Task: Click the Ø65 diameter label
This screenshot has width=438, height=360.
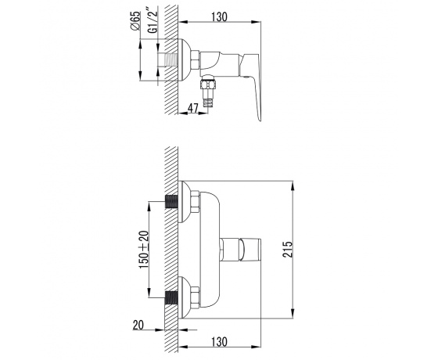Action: click(x=135, y=20)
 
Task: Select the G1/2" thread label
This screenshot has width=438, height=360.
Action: click(x=153, y=21)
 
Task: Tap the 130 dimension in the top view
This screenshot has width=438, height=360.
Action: click(x=219, y=16)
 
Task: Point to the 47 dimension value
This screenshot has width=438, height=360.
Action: click(x=192, y=108)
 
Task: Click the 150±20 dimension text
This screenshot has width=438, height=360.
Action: click(x=144, y=250)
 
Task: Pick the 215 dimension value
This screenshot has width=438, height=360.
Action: click(x=288, y=249)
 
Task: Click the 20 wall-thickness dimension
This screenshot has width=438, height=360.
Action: click(x=138, y=325)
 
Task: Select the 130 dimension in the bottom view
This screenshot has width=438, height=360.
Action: click(x=219, y=341)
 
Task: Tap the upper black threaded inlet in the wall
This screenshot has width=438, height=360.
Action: click(x=171, y=202)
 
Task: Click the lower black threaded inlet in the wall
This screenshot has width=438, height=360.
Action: click(x=171, y=297)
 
